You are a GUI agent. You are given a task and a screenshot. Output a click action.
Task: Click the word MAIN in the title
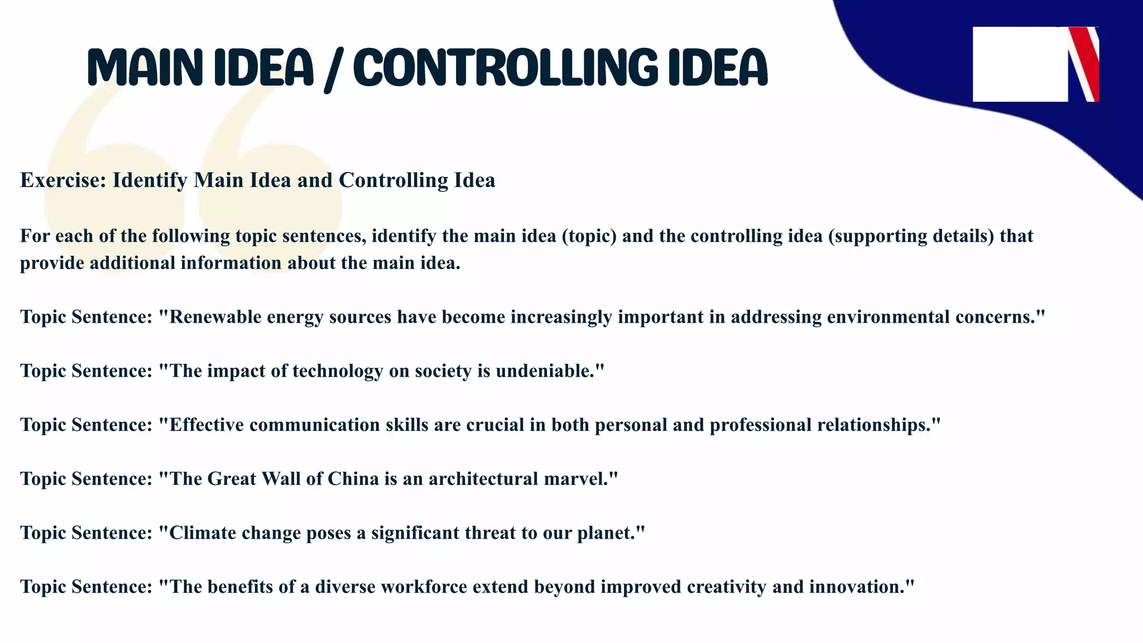coord(145,68)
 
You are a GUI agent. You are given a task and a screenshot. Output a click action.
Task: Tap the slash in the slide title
coord(333,70)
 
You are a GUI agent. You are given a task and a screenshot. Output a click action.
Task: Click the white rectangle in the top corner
coord(1020,64)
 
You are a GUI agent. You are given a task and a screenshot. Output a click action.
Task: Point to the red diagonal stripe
coord(1086,61)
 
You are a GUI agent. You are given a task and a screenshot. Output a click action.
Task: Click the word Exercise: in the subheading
coord(63,180)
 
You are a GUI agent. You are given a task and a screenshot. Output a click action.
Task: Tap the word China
coord(353,479)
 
